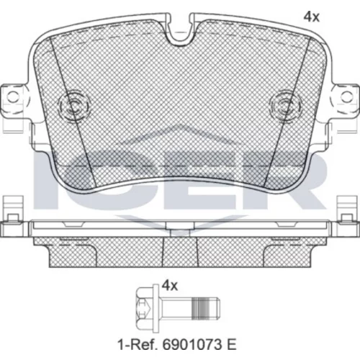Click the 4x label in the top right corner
coord(312,17)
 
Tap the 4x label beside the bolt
coord(170,286)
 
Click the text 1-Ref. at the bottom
coord(138,345)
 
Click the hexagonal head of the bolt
coord(143,307)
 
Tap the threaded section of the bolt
coord(199,307)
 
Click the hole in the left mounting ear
coord(13,96)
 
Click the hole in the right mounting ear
coord(346,96)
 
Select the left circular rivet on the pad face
coord(75,105)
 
